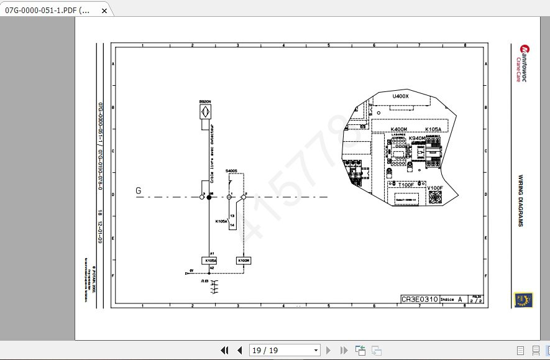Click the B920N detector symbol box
click(x=204, y=111)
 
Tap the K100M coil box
click(x=244, y=261)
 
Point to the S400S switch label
click(x=231, y=171)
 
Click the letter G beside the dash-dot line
click(x=138, y=191)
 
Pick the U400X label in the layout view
click(x=400, y=96)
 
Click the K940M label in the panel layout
click(x=417, y=139)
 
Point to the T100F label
click(x=406, y=185)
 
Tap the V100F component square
click(x=434, y=197)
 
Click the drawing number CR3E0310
click(x=419, y=300)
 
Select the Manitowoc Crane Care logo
click(x=521, y=62)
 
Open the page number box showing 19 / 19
click(x=284, y=351)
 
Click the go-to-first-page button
click(x=225, y=351)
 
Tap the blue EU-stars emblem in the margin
click(x=520, y=300)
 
